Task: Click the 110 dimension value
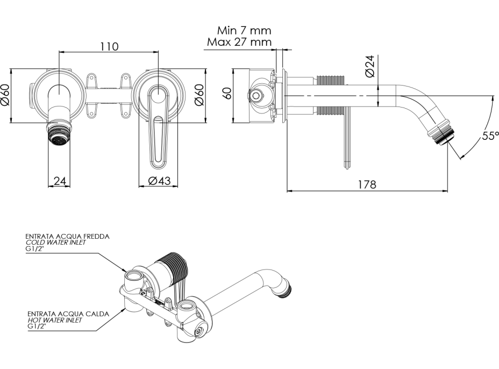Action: (110, 46)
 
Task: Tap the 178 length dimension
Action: (367, 184)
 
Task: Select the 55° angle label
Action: (490, 136)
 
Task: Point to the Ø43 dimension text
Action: (160, 181)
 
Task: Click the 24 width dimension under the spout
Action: (60, 181)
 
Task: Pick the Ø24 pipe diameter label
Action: (370, 66)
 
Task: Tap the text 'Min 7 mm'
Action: (245, 31)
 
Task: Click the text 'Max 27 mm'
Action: (239, 42)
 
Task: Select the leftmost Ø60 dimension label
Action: (6, 95)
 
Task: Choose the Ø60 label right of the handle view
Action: (199, 95)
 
